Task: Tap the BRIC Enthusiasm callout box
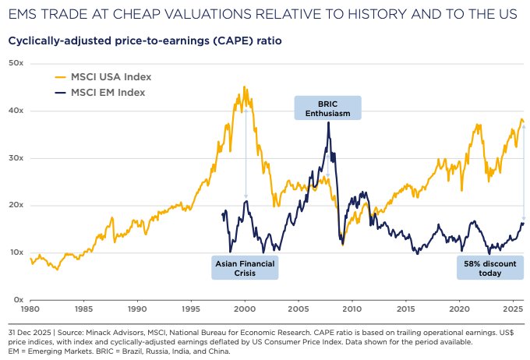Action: click(328, 108)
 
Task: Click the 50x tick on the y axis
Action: click(16, 62)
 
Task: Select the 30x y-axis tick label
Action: click(16, 157)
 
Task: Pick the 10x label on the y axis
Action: click(16, 252)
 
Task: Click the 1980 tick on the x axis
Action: click(30, 309)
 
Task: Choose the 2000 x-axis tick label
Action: click(246, 309)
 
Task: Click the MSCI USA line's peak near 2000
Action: click(245, 87)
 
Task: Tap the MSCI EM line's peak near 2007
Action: click(329, 122)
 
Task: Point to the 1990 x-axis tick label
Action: click(138, 309)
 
